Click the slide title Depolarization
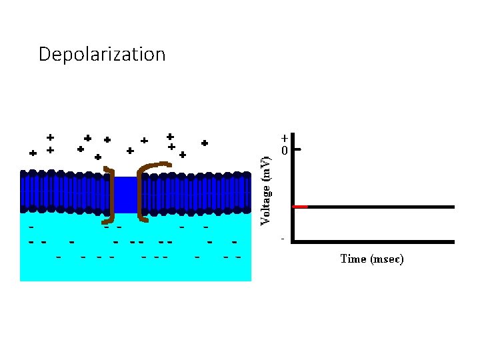tap(102, 54)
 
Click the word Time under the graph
tap(351, 259)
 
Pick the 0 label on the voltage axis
tap(284, 151)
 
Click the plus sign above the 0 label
tap(284, 139)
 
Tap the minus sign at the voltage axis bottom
tap(283, 238)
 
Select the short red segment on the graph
tap(301, 207)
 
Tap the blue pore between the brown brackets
tap(125, 194)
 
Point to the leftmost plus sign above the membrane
tap(33, 153)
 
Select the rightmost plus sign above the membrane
tap(205, 143)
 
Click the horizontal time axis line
tap(373, 241)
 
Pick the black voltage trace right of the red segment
tap(380, 207)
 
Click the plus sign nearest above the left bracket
tap(98, 157)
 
